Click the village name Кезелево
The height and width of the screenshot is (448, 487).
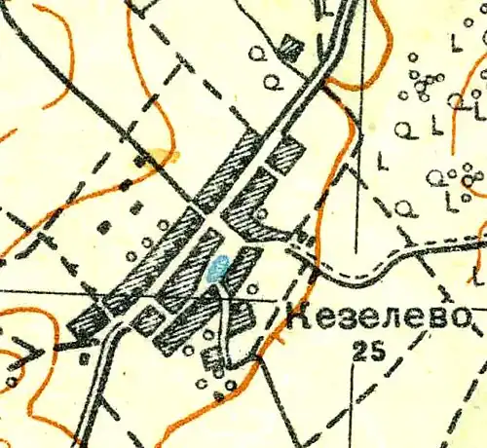coord(380,317)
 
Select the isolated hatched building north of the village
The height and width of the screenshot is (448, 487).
coord(289,45)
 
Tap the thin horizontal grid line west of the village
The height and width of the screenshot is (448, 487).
coord(39,290)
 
